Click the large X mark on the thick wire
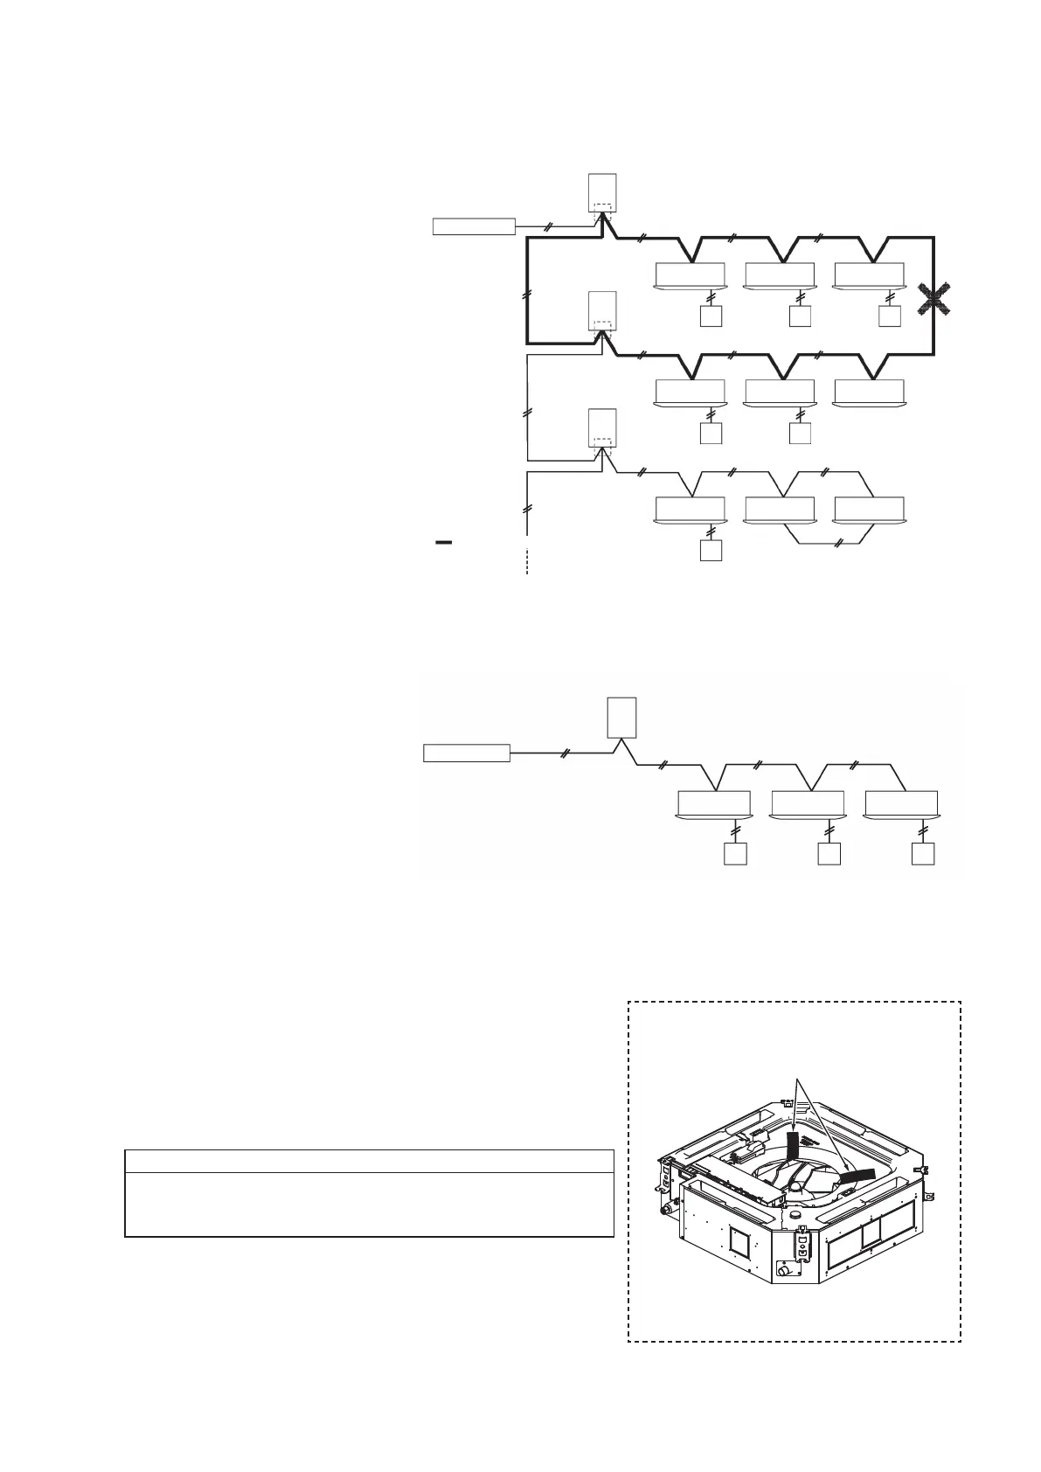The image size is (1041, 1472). click(x=934, y=299)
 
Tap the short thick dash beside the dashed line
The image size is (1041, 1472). click(x=443, y=543)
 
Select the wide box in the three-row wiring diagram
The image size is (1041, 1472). click(x=474, y=226)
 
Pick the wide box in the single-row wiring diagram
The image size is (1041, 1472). click(x=467, y=753)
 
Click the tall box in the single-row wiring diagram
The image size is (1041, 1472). click(x=621, y=718)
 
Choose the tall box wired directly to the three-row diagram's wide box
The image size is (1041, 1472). click(x=603, y=193)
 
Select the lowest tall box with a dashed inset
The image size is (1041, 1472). click(x=603, y=427)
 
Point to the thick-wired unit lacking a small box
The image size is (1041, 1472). click(x=869, y=392)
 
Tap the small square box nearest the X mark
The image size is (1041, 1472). click(x=890, y=316)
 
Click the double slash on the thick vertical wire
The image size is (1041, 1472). click(x=524, y=295)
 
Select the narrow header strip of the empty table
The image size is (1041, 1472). click(x=369, y=1161)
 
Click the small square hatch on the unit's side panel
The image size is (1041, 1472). click(x=739, y=1239)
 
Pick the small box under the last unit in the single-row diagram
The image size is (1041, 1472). click(x=923, y=854)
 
